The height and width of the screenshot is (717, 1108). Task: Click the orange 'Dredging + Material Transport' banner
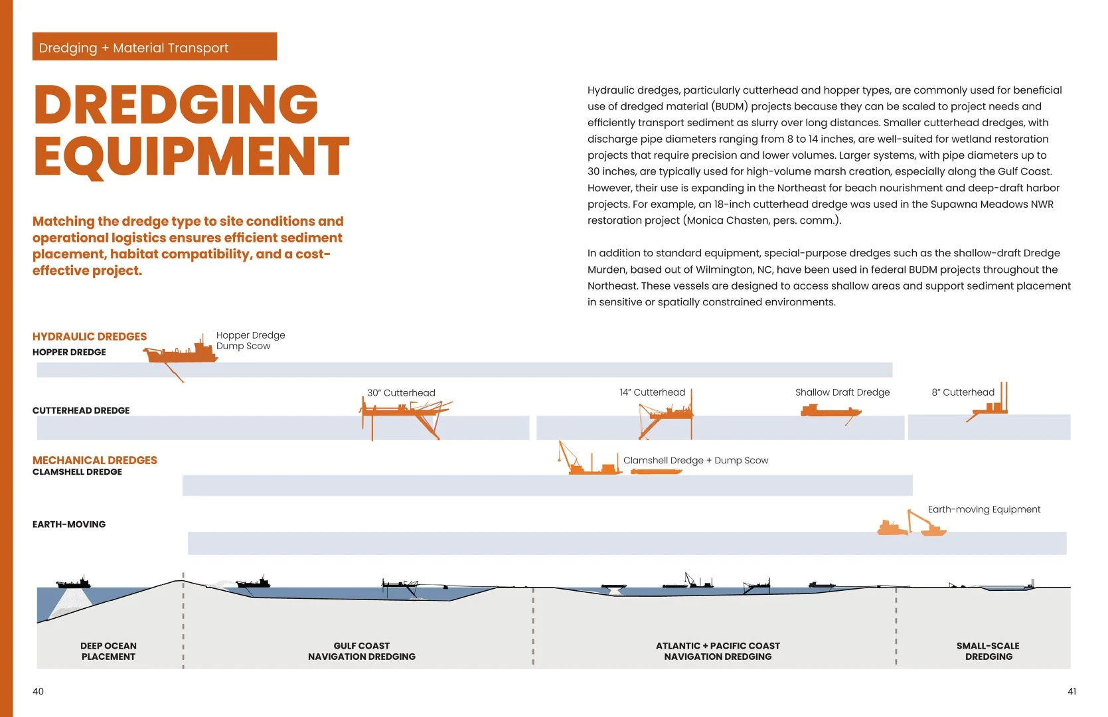click(x=154, y=46)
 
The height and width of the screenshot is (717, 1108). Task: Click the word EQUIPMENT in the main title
click(x=191, y=156)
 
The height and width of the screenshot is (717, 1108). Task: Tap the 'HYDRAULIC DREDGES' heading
click(x=90, y=337)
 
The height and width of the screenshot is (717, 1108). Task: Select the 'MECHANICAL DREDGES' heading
click(x=94, y=460)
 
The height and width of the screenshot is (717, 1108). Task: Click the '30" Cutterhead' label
click(x=401, y=393)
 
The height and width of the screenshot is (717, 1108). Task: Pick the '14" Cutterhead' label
click(x=653, y=392)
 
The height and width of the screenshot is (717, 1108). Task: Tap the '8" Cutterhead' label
click(x=963, y=392)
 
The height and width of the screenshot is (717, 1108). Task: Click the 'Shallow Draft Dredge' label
click(x=842, y=392)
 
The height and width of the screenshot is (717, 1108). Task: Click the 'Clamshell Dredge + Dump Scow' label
click(x=696, y=460)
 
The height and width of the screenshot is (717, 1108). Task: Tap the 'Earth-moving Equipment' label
click(x=984, y=509)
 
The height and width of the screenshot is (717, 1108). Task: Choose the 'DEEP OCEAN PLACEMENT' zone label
click(x=108, y=651)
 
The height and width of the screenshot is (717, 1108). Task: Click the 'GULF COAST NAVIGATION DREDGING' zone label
click(x=362, y=651)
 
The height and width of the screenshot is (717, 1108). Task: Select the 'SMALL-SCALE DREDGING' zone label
click(x=989, y=651)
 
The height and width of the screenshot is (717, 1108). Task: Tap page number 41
click(x=1072, y=691)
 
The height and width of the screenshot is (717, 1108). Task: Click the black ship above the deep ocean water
click(x=74, y=582)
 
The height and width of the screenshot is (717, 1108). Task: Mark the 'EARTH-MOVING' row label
click(x=69, y=524)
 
